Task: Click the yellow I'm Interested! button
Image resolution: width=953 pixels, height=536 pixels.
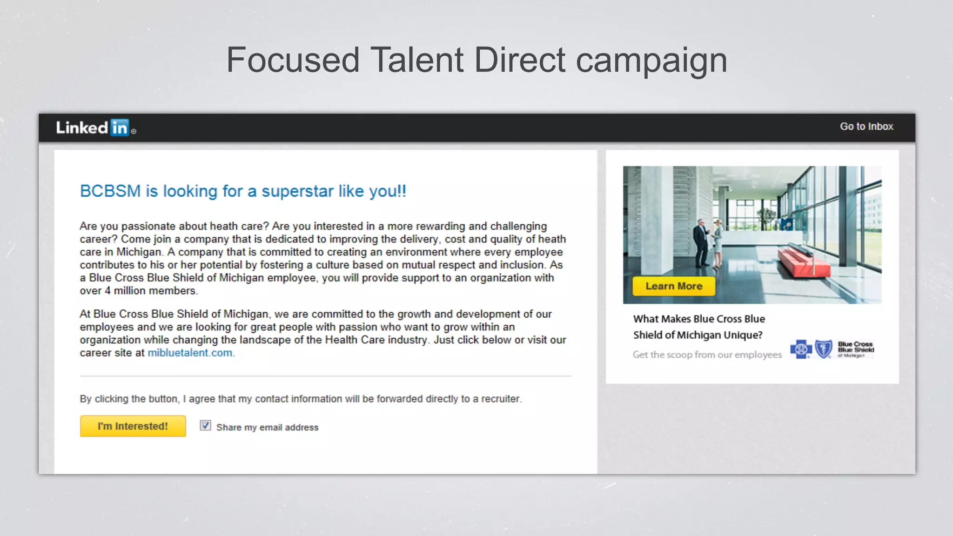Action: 133,426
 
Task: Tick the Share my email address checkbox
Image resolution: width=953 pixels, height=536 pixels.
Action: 205,426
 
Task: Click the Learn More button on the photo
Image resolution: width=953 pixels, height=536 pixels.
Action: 673,286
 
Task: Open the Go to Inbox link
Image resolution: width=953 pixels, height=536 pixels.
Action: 866,127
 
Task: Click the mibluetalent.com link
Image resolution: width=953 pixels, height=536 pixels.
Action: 190,353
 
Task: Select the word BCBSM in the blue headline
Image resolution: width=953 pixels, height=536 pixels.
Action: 110,191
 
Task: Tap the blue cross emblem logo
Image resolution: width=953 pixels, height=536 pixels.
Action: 801,349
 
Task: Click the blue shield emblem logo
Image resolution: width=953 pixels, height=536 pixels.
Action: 824,349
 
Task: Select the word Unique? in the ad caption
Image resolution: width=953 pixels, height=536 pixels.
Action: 743,335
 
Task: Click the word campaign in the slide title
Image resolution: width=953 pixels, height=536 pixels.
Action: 651,61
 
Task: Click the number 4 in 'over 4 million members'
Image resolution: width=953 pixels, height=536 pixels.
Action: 107,291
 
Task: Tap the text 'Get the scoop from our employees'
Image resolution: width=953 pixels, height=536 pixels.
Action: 707,355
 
